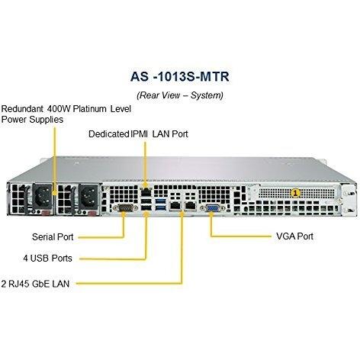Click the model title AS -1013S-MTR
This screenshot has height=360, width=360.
[180, 76]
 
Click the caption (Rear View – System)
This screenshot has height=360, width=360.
[180, 95]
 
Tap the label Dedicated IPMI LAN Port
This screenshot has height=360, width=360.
[138, 134]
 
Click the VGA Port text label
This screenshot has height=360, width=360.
[294, 236]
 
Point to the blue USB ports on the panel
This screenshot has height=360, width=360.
[159, 206]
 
